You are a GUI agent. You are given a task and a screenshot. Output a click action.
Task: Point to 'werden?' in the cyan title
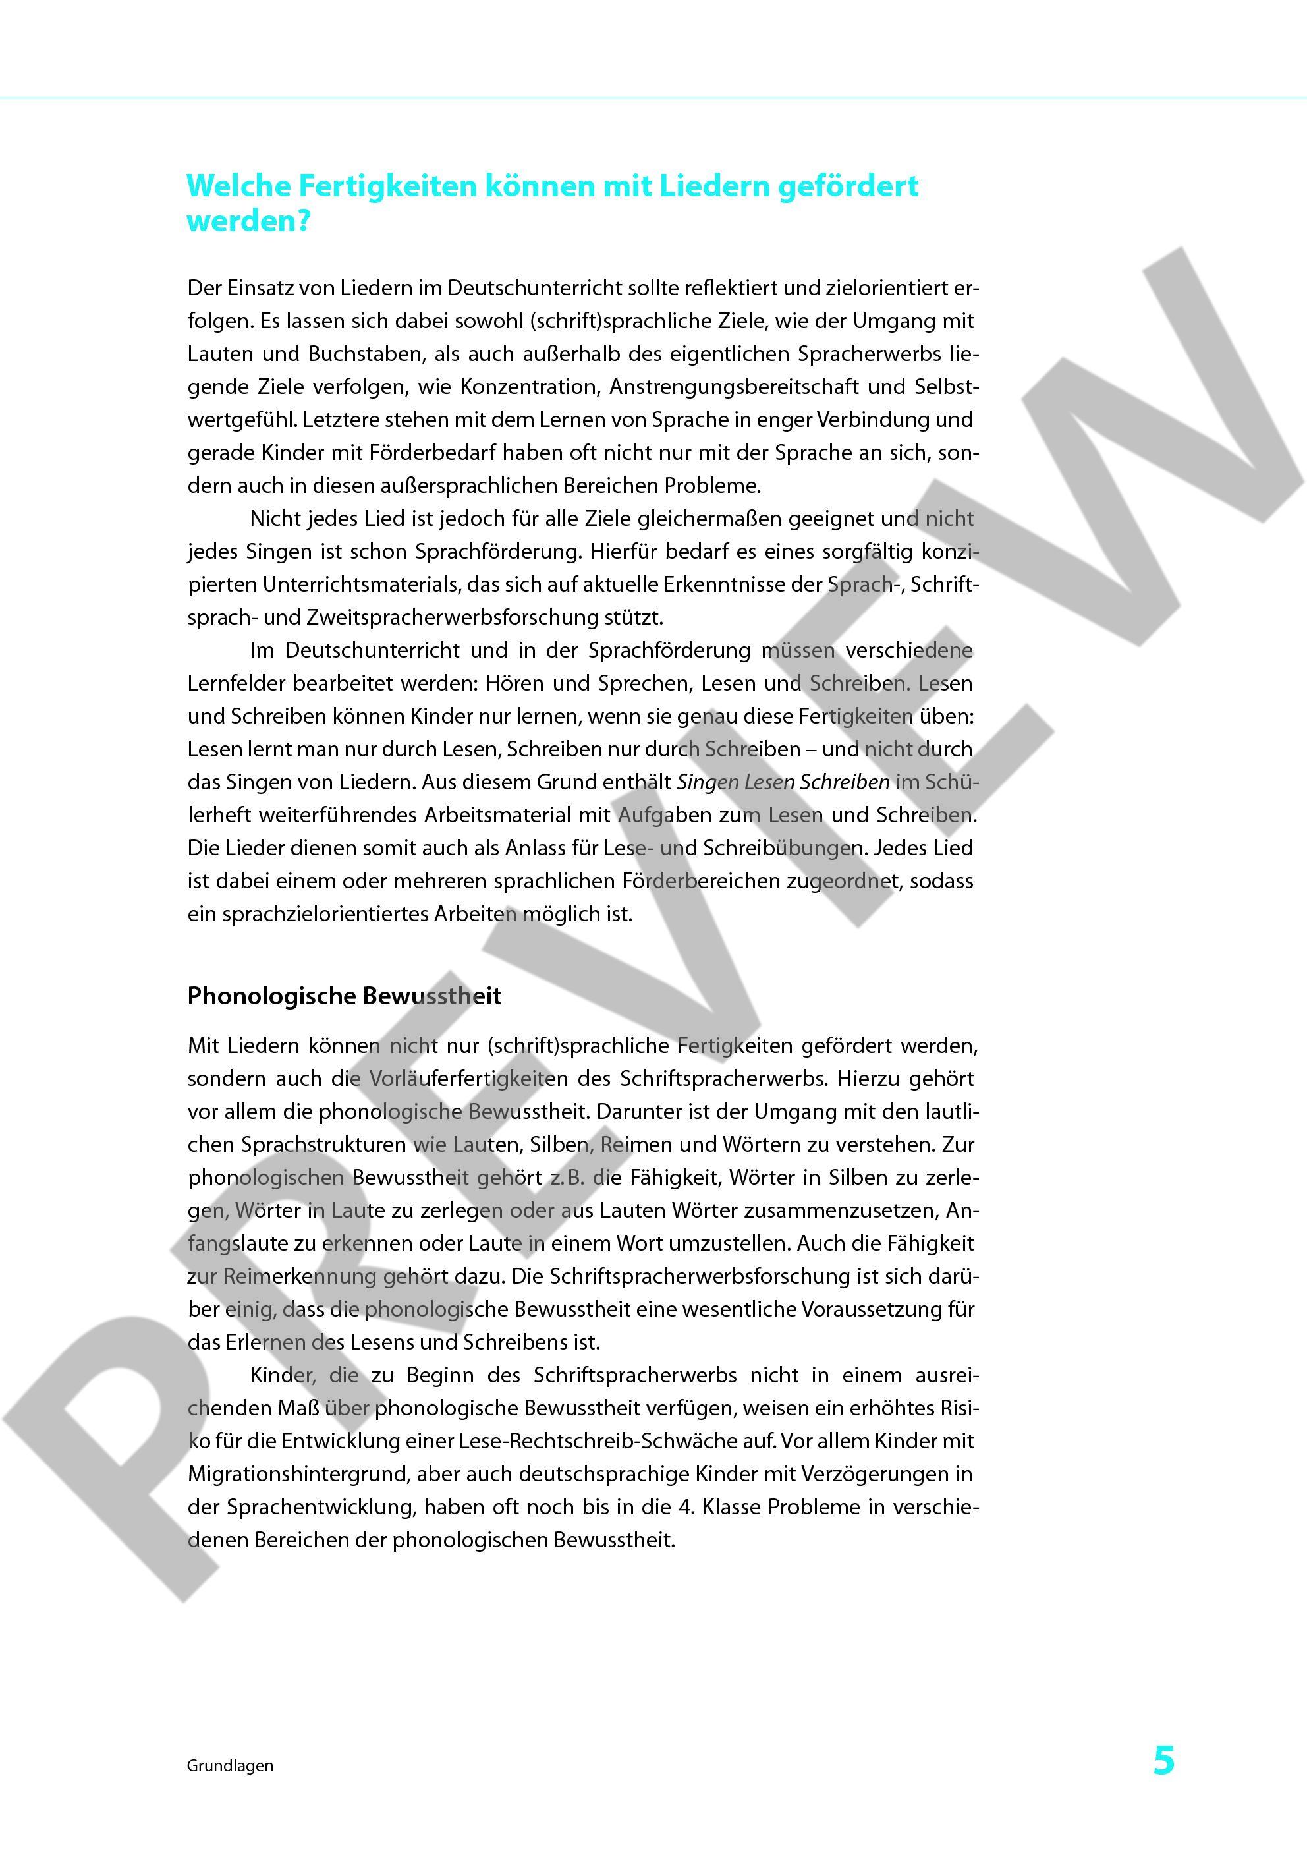tap(248, 221)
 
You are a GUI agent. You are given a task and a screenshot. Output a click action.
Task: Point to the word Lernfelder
tap(235, 684)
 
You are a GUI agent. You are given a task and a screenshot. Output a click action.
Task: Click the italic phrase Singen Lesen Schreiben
tap(783, 782)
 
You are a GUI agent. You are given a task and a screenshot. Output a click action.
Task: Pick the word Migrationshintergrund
tap(303, 1473)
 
